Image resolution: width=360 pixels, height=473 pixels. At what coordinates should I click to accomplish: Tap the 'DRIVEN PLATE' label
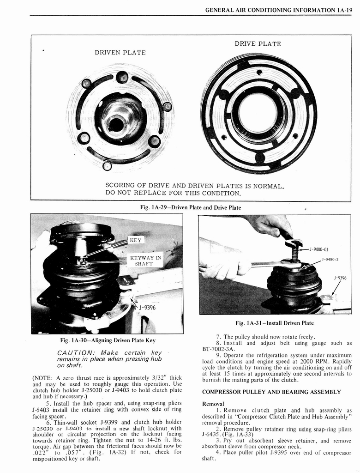120,53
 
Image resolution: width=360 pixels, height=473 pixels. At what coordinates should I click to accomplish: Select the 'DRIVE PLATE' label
258,44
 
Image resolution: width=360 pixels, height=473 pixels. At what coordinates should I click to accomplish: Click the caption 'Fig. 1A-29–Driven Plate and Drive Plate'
190,208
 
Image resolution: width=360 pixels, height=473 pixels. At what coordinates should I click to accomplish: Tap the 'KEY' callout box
136,240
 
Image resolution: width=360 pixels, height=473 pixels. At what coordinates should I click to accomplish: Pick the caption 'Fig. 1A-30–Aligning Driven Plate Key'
108,340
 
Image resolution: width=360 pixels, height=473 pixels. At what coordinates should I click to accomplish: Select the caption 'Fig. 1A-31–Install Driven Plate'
274,323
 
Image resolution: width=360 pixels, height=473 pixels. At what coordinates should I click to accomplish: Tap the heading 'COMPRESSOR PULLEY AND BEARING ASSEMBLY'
271,392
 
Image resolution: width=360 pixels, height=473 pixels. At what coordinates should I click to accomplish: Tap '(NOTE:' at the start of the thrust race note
43,377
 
